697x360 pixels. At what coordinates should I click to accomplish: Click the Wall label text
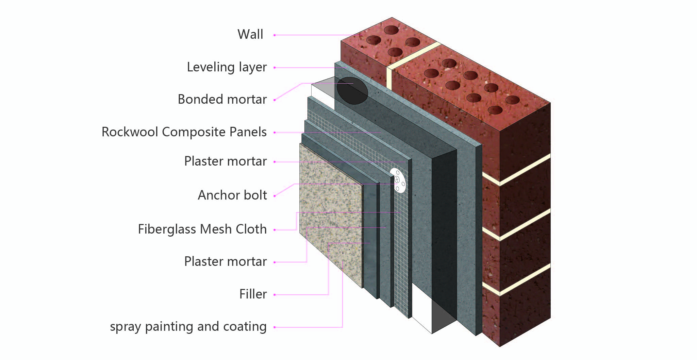pyautogui.click(x=250, y=34)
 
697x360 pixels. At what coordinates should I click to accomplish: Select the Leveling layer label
pyautogui.click(x=227, y=67)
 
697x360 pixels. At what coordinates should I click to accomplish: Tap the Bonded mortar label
pyautogui.click(x=222, y=99)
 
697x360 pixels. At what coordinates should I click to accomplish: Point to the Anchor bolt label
pyautogui.click(x=232, y=195)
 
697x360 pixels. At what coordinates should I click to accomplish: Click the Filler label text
pyautogui.click(x=253, y=294)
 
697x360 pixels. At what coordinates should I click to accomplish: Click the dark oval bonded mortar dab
pyautogui.click(x=352, y=90)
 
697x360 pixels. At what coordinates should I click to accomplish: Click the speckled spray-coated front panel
pyautogui.click(x=330, y=214)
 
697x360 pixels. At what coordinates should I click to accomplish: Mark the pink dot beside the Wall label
pyautogui.click(x=275, y=35)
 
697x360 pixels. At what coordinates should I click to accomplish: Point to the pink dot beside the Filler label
pyautogui.click(x=275, y=295)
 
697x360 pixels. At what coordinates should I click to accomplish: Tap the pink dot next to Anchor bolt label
pyautogui.click(x=275, y=196)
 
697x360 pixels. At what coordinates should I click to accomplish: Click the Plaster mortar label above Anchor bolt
pyautogui.click(x=225, y=161)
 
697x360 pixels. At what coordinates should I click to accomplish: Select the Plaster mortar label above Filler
pyautogui.click(x=225, y=261)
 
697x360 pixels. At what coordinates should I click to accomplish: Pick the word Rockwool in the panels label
pyautogui.click(x=130, y=132)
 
